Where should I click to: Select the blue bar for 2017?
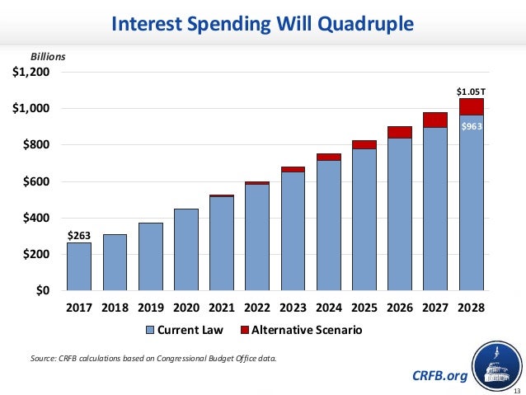tap(79, 266)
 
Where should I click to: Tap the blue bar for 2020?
tap(186, 249)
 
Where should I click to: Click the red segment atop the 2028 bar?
tap(471, 106)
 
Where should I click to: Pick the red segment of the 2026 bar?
tap(400, 132)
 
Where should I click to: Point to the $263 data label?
tap(78, 234)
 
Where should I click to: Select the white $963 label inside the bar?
tap(471, 126)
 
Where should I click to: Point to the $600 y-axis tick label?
tap(37, 181)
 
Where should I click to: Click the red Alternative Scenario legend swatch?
tap(246, 330)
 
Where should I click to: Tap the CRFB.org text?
tap(439, 376)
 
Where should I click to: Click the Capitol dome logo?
tap(496, 367)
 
